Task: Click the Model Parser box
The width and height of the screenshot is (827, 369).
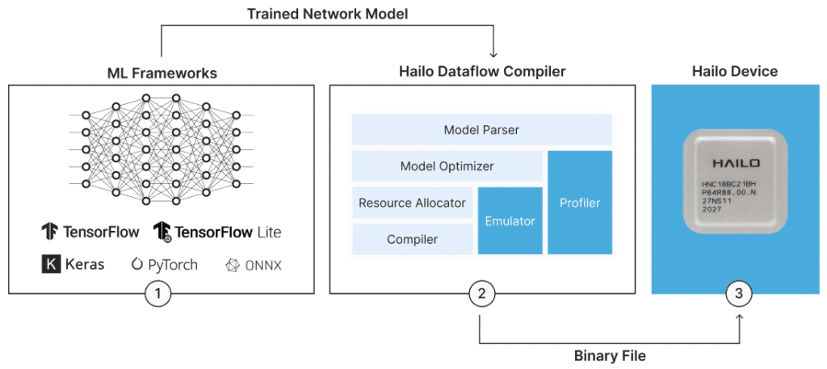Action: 481,130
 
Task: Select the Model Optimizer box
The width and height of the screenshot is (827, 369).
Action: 447,166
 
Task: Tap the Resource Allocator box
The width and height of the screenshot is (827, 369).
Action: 412,203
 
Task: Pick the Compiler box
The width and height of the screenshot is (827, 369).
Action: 412,239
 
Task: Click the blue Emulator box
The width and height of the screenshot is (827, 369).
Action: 510,220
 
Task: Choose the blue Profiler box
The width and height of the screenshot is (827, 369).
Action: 580,203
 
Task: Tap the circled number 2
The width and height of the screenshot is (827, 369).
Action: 481,295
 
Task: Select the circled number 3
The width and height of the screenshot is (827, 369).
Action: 738,295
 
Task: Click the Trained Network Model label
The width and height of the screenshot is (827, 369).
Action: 327,13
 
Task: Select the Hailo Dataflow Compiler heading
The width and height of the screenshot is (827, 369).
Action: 482,73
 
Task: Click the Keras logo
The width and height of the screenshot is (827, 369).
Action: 73,264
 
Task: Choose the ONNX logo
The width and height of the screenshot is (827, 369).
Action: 254,265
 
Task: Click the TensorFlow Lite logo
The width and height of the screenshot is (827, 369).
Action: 217,232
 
